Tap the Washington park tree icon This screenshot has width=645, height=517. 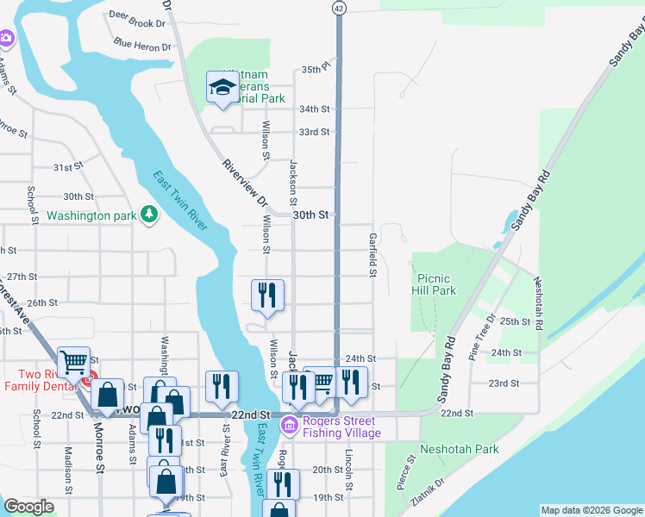149,214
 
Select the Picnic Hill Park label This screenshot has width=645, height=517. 435,285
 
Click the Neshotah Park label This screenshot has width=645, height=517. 460,449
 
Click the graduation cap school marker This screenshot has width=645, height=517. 222,86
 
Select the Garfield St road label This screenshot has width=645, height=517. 373,254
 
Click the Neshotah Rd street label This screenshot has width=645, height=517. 537,303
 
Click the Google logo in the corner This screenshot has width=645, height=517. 28,507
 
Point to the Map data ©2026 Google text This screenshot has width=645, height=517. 592,510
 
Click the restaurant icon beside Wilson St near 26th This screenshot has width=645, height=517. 267,296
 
